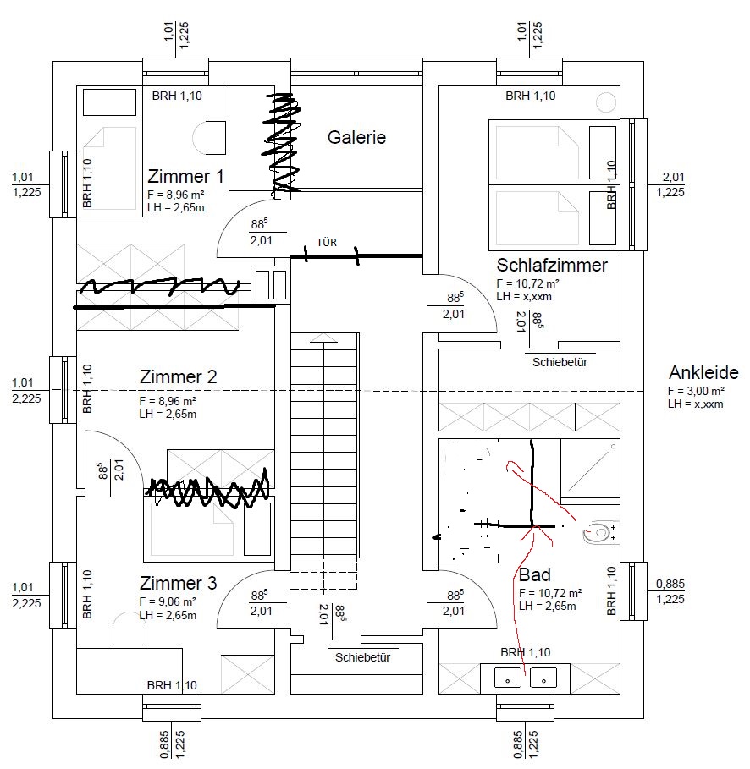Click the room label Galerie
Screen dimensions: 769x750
tap(356, 137)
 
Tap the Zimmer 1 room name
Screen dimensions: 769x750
tap(185, 178)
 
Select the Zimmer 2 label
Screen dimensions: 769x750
tap(178, 377)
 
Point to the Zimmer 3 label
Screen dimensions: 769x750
tap(178, 584)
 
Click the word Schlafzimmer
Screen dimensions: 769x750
tap(552, 266)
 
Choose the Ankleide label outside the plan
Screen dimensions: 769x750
tap(703, 373)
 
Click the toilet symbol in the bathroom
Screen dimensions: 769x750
tap(598, 534)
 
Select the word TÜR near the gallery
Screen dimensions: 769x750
tap(326, 243)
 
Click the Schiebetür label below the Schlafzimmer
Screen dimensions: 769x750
tap(560, 362)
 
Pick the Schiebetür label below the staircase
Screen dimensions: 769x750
tap(362, 657)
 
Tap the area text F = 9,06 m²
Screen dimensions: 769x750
tap(168, 601)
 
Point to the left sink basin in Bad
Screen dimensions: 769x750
tap(507, 678)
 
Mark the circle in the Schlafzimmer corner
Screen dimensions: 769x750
tap(606, 102)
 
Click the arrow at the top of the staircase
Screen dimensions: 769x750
tap(325, 338)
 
